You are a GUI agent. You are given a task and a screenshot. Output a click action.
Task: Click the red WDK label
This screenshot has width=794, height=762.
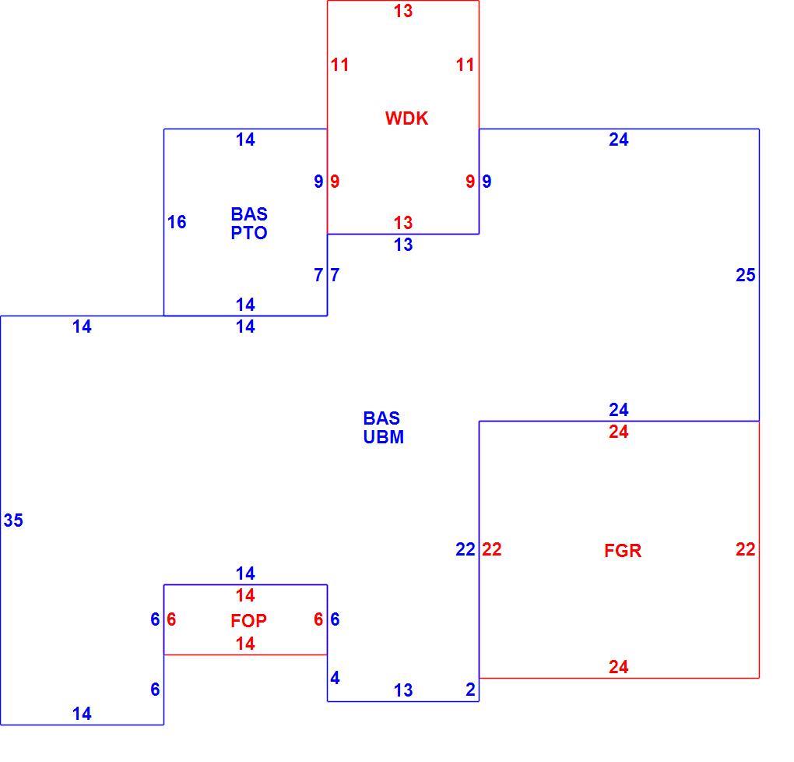pos(406,118)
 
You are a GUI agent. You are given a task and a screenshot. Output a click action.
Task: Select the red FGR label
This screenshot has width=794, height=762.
pos(623,551)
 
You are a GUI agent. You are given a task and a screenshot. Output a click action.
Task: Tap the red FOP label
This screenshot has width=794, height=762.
pos(248,620)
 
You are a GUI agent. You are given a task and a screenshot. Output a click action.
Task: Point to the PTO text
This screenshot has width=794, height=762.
pos(248,233)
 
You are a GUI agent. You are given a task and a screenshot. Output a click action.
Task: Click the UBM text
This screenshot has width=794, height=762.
pos(383,436)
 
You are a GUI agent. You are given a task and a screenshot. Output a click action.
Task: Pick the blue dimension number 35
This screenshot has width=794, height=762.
pos(13,520)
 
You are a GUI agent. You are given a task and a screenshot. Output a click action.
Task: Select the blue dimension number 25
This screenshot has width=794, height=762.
pos(746,275)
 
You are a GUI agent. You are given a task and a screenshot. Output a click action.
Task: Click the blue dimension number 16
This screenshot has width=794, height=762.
pos(177,221)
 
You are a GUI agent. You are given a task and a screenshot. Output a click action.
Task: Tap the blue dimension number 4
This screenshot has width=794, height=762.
pos(335,678)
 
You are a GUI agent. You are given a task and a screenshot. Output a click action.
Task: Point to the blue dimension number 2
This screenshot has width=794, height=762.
pos(470,690)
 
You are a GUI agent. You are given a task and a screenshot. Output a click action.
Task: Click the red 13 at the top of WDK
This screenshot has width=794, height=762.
pos(403,11)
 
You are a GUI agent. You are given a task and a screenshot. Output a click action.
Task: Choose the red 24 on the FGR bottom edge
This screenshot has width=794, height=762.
pos(618,667)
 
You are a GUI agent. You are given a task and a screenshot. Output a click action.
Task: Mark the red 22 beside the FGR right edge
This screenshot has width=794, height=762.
pos(746,549)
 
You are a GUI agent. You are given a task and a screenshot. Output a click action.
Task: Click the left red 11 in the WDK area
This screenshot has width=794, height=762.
pos(339,65)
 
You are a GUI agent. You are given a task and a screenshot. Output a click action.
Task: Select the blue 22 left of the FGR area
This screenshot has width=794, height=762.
pos(466,549)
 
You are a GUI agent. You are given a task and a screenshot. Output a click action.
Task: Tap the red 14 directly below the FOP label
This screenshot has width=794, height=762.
pos(245,644)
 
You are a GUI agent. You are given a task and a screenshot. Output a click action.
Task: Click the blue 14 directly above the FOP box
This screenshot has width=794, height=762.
pos(245,573)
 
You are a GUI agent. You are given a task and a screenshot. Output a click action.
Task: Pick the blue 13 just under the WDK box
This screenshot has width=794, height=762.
pos(403,245)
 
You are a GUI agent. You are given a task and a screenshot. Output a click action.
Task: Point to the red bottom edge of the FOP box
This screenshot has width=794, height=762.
pos(245,654)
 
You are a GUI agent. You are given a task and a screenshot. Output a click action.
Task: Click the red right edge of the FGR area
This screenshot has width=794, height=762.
pos(759,549)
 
